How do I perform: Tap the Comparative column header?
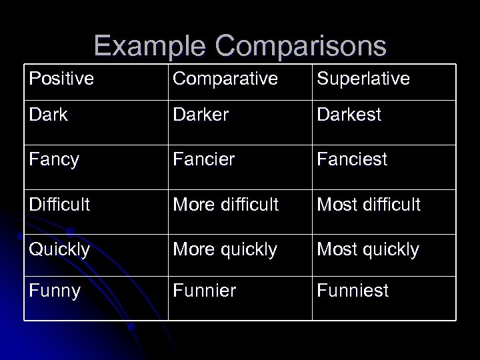point(225,79)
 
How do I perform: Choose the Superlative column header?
point(363,79)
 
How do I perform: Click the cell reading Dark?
point(49,115)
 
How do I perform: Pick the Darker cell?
point(201,115)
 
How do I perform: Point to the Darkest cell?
point(349,115)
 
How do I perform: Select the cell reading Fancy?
point(54,160)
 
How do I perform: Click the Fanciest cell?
point(353,160)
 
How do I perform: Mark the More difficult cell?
point(226,204)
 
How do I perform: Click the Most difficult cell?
point(369,204)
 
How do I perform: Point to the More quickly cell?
point(225,249)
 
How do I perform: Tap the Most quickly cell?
point(368,249)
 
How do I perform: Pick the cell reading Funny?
point(54,291)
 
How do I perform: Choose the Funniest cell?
point(353,291)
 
